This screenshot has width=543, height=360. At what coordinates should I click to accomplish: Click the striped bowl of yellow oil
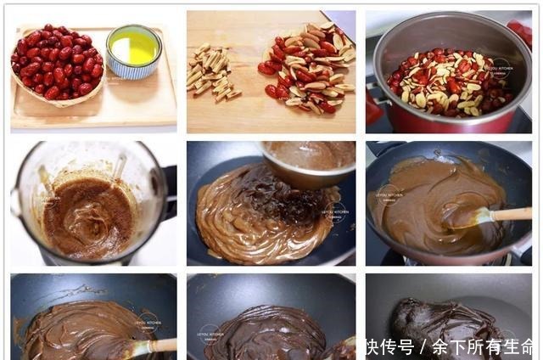(x=133, y=50)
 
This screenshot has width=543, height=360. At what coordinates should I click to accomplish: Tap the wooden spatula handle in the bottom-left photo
(x=160, y=346)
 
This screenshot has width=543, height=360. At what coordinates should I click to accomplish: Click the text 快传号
(x=389, y=347)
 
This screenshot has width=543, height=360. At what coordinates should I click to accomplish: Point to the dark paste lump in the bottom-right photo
(x=441, y=327)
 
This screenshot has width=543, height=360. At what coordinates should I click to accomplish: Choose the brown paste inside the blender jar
(x=86, y=218)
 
